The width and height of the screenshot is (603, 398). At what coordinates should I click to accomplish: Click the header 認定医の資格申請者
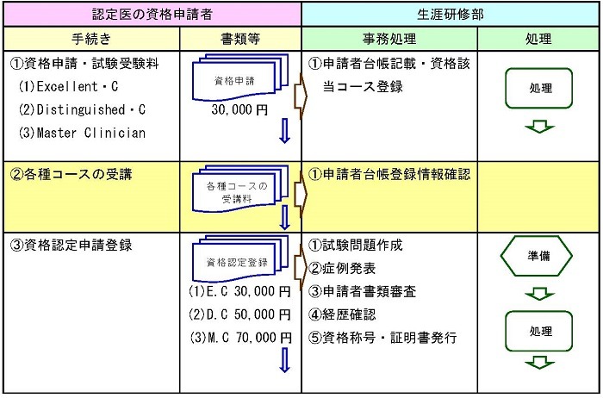152,15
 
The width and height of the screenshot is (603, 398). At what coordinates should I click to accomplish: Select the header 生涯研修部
451,15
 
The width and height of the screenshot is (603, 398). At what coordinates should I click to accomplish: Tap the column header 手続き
91,39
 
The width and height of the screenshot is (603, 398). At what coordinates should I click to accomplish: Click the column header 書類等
240,39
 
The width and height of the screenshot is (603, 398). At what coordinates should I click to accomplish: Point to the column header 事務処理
389,39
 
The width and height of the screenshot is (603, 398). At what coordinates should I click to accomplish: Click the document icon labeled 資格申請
240,78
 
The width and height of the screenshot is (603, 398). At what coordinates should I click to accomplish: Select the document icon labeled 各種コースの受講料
240,190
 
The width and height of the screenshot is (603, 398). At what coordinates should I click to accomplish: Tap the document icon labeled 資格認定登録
240,258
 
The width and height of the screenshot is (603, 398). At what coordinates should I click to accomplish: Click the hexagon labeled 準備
537,256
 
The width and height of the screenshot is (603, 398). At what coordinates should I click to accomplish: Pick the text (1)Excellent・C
68,86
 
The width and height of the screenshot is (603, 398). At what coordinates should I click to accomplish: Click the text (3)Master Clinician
82,133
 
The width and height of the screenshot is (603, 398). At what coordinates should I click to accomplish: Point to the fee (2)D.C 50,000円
239,314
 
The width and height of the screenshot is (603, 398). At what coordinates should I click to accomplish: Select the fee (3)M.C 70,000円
240,338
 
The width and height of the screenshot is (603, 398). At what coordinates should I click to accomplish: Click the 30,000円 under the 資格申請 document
239,110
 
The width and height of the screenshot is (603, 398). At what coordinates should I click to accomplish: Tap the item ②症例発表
342,269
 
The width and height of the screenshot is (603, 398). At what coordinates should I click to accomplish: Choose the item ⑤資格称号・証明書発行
382,338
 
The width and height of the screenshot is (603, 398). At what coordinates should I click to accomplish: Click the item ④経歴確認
342,314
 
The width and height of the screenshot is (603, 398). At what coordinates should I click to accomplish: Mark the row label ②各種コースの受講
71,175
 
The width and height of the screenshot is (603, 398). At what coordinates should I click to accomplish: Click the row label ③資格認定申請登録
71,245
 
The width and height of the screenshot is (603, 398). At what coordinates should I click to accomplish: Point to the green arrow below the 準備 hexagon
539,294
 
